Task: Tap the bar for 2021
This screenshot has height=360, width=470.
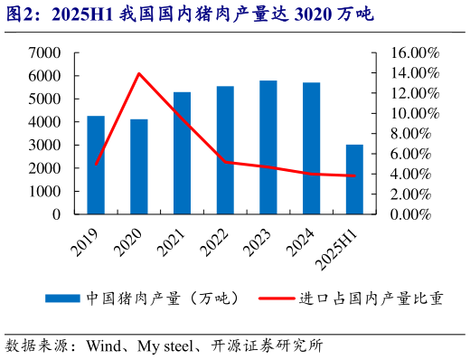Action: pyautogui.click(x=182, y=154)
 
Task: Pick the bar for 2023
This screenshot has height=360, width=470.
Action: pyautogui.click(x=268, y=148)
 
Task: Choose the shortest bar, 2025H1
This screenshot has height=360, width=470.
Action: pyautogui.click(x=354, y=180)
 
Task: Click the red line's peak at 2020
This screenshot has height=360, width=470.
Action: pyautogui.click(x=139, y=73)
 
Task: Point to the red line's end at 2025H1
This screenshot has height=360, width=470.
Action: pyautogui.click(x=354, y=176)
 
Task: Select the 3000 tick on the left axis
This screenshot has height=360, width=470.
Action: pyautogui.click(x=44, y=146)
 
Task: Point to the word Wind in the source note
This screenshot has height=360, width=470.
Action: pyautogui.click(x=104, y=346)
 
